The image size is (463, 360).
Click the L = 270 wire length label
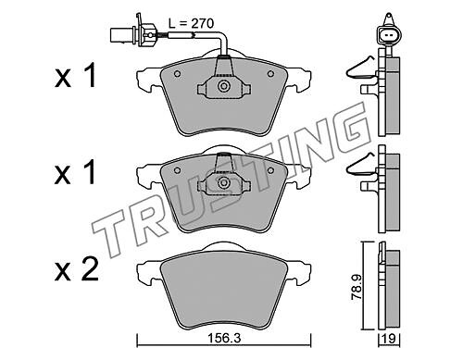[x=191, y=24]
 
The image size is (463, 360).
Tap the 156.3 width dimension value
[x=224, y=339]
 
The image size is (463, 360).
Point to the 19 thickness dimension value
[x=389, y=339]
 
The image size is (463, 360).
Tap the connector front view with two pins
[x=387, y=34]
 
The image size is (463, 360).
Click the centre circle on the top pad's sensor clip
[x=223, y=86]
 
